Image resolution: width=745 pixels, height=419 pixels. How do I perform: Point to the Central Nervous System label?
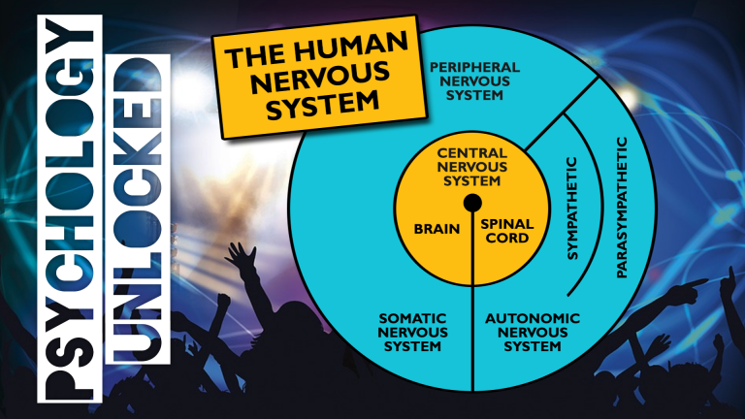(x=471, y=166)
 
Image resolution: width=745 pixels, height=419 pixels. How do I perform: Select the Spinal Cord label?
(x=506, y=231)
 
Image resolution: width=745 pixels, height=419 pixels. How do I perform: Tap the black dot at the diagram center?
(x=472, y=203)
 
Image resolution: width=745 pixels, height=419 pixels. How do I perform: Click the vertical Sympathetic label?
(x=571, y=209)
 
